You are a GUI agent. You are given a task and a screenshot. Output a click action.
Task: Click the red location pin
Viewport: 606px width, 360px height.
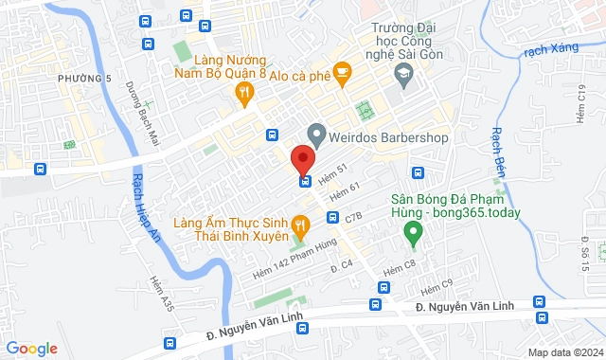point(302,158)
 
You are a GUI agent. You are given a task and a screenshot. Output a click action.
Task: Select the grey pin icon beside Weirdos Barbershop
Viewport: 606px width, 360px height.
point(316,135)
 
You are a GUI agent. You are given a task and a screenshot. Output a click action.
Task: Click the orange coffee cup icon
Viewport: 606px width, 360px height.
point(342,69)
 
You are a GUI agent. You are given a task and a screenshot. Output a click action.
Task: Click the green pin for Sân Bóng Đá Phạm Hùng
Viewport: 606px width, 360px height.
point(412,229)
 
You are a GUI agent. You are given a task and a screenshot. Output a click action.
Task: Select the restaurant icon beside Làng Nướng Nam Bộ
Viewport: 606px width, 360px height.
point(245,92)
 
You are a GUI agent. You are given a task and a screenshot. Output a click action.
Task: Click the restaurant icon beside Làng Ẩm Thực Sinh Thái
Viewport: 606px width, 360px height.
point(300,225)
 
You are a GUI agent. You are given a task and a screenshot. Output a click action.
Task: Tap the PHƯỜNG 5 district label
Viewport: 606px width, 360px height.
point(79,77)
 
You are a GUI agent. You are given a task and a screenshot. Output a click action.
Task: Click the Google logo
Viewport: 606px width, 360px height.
point(30,349)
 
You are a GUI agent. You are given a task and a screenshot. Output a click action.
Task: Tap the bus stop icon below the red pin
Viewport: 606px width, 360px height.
point(305,182)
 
